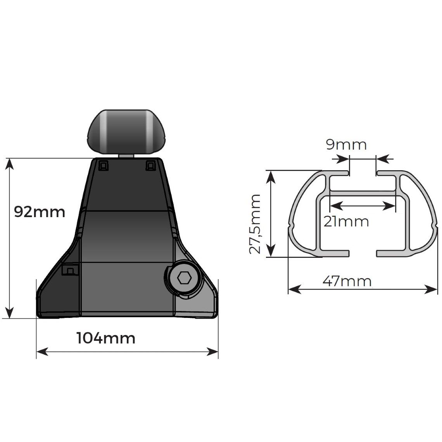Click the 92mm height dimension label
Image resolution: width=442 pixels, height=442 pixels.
[39, 212]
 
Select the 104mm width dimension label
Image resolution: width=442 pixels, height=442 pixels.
[106, 338]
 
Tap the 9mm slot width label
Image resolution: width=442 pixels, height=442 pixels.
[346, 144]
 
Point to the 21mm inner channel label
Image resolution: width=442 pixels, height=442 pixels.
[346, 221]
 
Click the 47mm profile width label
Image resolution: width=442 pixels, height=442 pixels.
[347, 281]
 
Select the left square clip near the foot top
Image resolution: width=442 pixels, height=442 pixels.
[104, 166]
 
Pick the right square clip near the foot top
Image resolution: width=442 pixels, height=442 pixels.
[150, 166]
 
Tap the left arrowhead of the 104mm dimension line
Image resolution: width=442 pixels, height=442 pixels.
[41, 352]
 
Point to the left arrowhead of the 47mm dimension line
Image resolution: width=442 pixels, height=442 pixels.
[293, 289]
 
